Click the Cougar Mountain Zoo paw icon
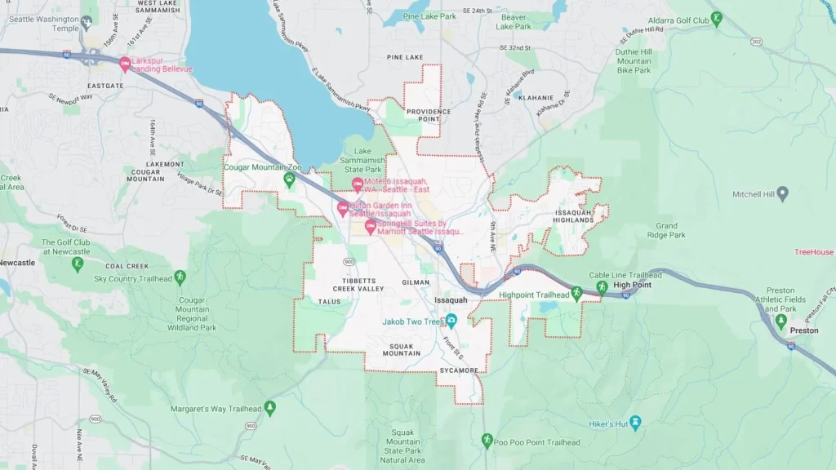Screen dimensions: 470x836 [288, 178]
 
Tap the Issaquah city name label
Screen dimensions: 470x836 [451, 300]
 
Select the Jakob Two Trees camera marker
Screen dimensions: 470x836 [451, 321]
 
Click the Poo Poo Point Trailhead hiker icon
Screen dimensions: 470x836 [487, 441]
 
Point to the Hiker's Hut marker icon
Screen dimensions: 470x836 [636, 423]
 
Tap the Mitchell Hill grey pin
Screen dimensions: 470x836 [782, 193]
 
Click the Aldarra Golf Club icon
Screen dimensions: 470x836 [716, 18]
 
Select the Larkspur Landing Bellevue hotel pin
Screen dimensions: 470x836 [125, 63]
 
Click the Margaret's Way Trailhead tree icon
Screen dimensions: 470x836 [269, 406]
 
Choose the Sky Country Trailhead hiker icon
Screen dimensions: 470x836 [180, 277]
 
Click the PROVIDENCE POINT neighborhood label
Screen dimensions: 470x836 [423, 115]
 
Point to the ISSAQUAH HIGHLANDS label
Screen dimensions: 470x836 [573, 215]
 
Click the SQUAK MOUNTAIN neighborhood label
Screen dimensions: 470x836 [402, 349]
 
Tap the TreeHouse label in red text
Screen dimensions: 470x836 [814, 252]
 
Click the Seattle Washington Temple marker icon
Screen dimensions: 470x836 [87, 24]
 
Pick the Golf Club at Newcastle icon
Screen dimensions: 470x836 [78, 264]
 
